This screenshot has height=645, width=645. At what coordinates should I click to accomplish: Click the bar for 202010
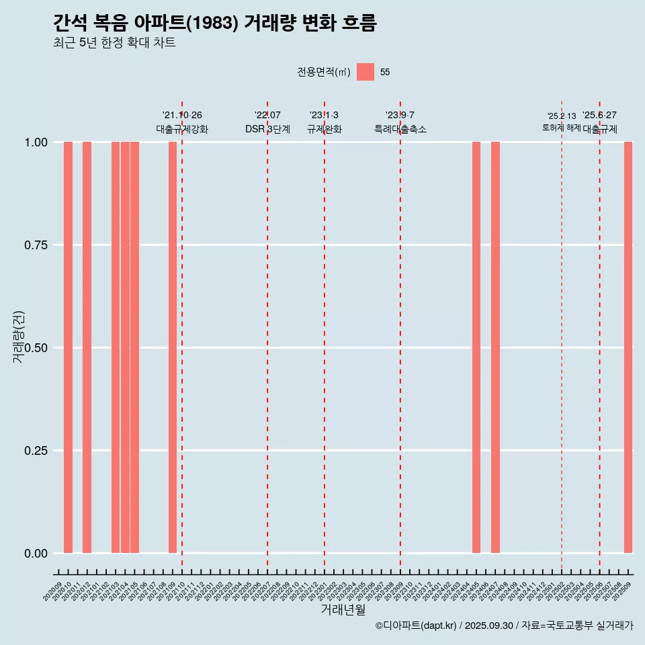tap(68, 347)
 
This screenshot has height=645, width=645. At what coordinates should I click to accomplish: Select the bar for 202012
tap(87, 347)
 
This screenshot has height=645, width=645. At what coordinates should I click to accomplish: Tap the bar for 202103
tap(116, 347)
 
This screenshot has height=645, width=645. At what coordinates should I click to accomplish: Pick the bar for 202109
tap(173, 347)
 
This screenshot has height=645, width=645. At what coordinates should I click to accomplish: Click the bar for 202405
tap(476, 347)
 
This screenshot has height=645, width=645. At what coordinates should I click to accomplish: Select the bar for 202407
tap(495, 347)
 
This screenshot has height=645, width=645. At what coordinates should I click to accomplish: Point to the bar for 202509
tap(628, 347)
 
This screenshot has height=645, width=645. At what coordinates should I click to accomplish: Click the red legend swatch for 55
tap(365, 72)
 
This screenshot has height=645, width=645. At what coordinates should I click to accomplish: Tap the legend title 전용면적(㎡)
tap(324, 72)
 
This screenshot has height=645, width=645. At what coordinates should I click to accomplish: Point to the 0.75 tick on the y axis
tap(36, 245)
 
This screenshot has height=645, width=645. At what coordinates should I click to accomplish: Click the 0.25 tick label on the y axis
tap(36, 451)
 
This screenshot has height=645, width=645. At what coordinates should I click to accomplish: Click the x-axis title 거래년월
tap(343, 610)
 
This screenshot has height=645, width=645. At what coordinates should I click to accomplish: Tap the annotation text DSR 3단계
tap(267, 129)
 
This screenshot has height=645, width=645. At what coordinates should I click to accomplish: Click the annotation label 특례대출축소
tap(400, 129)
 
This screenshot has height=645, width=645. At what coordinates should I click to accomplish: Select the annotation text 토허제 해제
tap(561, 128)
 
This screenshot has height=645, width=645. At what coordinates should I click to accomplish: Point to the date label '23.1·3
tap(324, 115)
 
